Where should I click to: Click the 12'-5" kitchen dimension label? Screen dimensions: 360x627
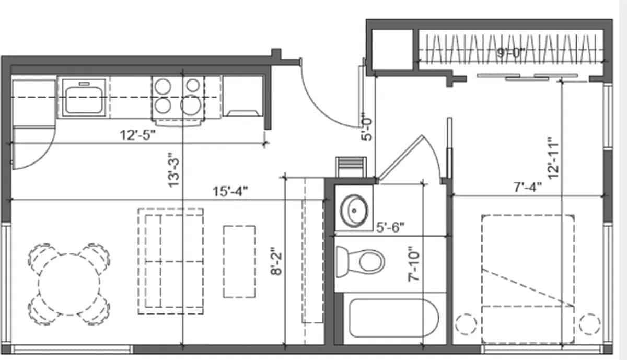tap(138, 135)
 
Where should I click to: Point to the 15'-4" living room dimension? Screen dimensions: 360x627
tap(230, 191)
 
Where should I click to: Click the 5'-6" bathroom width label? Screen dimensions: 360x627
tap(390, 227)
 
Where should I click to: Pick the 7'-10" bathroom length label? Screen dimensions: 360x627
tap(414, 264)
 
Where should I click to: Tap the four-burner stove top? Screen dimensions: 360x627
tap(178, 96)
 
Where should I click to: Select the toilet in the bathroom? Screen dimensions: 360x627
tap(361, 260)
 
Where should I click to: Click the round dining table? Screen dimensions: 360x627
tap(69, 284)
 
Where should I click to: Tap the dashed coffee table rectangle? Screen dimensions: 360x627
tap(239, 261)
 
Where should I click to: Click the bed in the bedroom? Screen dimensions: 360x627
tap(528, 277)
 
